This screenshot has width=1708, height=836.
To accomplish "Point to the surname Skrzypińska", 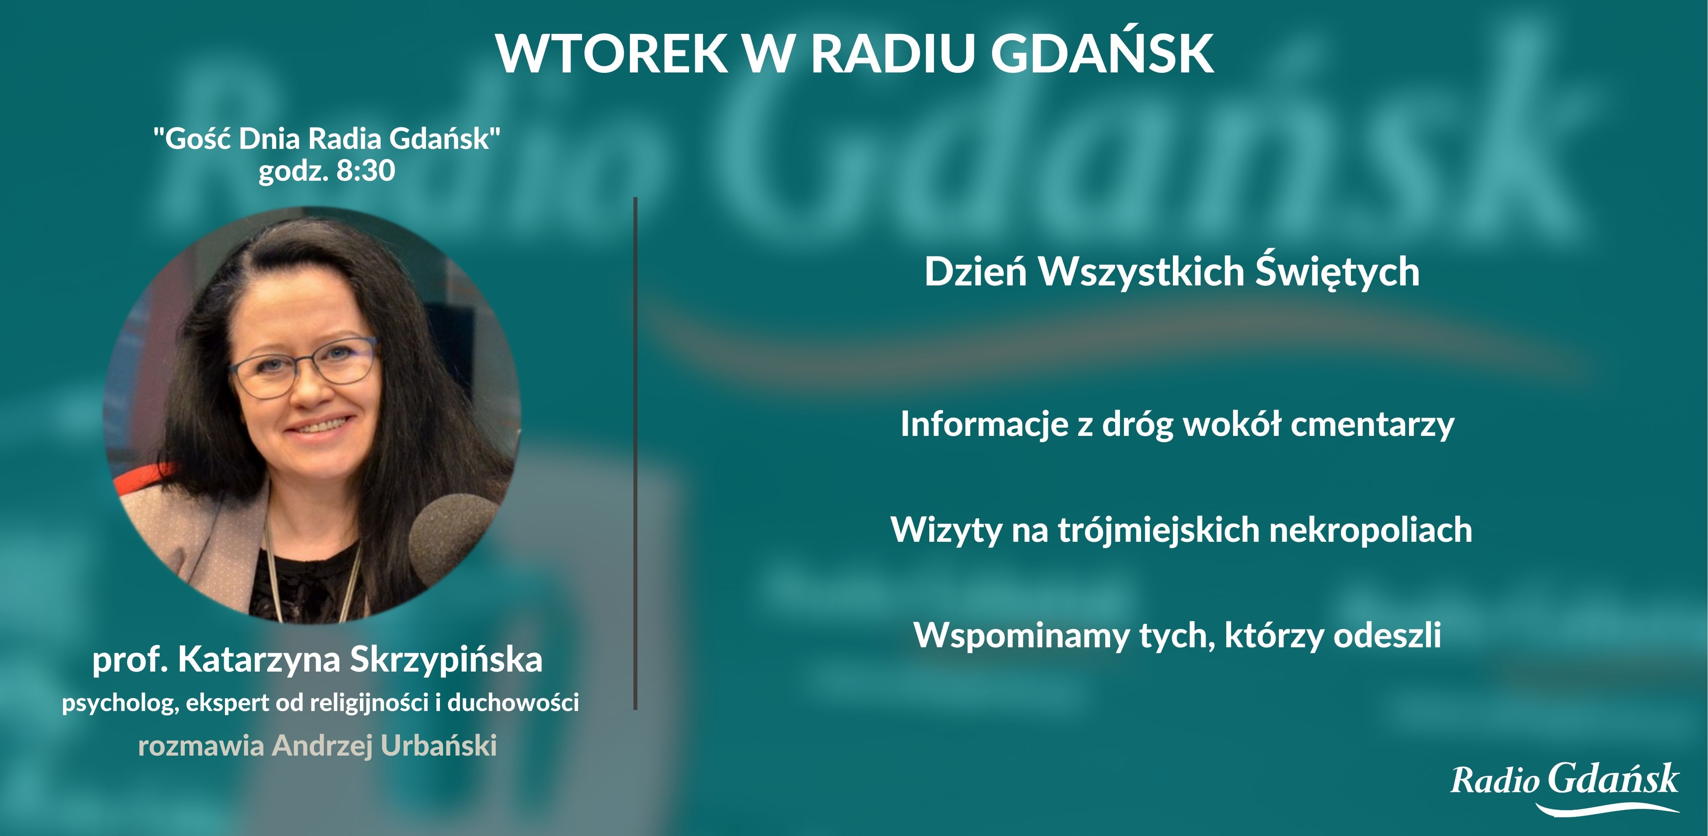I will pyautogui.click(x=446, y=660).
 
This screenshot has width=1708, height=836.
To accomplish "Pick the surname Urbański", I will pyautogui.click(x=438, y=746).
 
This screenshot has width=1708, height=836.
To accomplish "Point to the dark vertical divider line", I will pyautogui.click(x=635, y=451).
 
